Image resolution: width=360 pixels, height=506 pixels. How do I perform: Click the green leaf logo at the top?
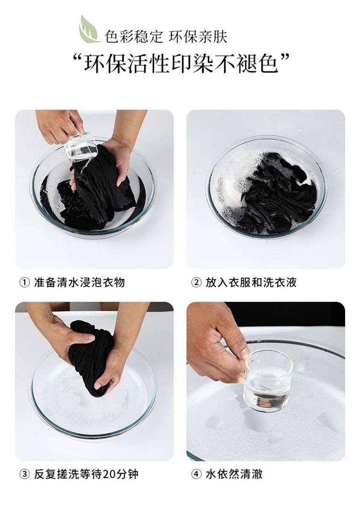tap(89, 29)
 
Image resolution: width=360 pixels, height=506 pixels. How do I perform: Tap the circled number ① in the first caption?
tap(24, 282)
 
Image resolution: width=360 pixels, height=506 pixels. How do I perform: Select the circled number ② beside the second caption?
tap(196, 282)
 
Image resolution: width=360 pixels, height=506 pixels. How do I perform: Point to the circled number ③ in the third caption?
tap(24, 474)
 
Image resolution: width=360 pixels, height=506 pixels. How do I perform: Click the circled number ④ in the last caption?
tap(196, 474)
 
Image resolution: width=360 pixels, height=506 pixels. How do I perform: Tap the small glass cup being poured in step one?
tap(80, 148)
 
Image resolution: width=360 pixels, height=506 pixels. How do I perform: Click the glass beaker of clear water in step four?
tap(268, 381)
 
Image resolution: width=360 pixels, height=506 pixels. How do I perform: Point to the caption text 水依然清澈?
tap(234, 474)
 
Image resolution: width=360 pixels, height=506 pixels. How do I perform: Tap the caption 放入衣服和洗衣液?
tap(251, 282)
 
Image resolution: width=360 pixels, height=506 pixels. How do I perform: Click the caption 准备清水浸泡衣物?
tap(79, 282)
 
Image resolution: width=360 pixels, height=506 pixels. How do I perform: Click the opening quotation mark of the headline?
tap(77, 59)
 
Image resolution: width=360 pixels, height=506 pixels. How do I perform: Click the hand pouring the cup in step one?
tap(59, 125)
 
